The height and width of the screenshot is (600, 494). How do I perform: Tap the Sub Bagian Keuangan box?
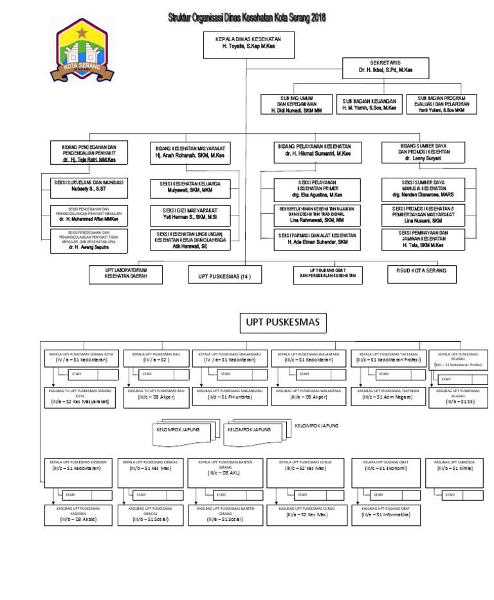(369, 104)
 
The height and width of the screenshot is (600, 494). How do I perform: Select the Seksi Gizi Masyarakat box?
(190, 214)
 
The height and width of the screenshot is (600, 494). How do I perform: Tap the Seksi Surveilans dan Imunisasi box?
(89, 185)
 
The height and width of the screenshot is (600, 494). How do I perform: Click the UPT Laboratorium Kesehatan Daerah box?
(127, 272)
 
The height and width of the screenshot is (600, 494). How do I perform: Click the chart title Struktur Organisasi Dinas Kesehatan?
(247, 19)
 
